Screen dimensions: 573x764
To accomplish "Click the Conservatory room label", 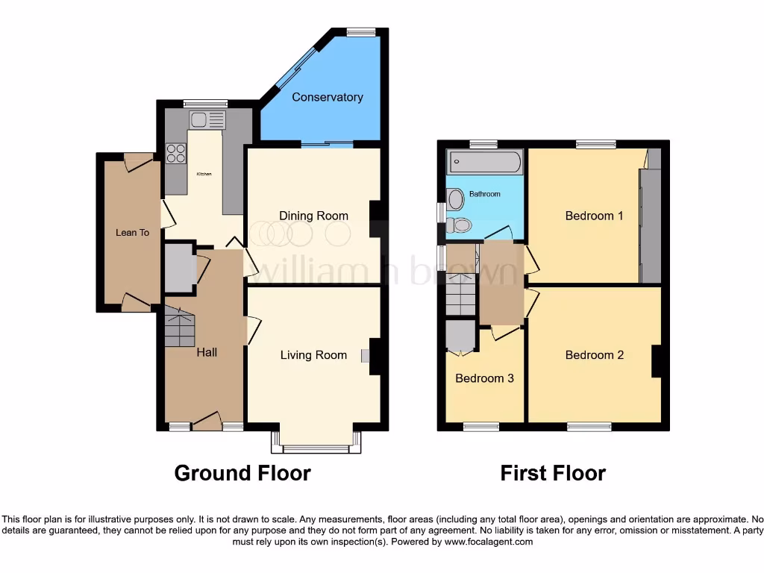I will [327, 97].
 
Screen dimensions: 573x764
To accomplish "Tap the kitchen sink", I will [207, 119].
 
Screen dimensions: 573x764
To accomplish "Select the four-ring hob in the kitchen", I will [176, 153].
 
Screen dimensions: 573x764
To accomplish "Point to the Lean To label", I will [132, 233].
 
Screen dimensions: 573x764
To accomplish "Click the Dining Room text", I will [313, 216].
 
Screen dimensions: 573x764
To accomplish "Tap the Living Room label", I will [313, 355].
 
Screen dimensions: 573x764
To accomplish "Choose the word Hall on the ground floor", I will [207, 352].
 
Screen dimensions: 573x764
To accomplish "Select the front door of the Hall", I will [207, 422].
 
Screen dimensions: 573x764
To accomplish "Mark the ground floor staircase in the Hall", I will [179, 328].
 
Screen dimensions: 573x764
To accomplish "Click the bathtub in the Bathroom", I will [484, 162].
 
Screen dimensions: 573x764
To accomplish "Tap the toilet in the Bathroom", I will [461, 225].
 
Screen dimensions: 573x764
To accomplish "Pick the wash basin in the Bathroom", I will [455, 198].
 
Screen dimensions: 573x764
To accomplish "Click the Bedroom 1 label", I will [594, 216].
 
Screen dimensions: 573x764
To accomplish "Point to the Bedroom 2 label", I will [594, 355].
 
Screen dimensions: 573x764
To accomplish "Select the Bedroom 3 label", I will [484, 378].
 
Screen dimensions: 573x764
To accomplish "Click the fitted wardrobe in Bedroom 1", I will [651, 224].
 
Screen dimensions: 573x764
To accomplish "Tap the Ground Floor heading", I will [242, 473].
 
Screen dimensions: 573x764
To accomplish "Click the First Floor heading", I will [552, 473].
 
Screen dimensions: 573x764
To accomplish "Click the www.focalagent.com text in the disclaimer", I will [488, 542].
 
